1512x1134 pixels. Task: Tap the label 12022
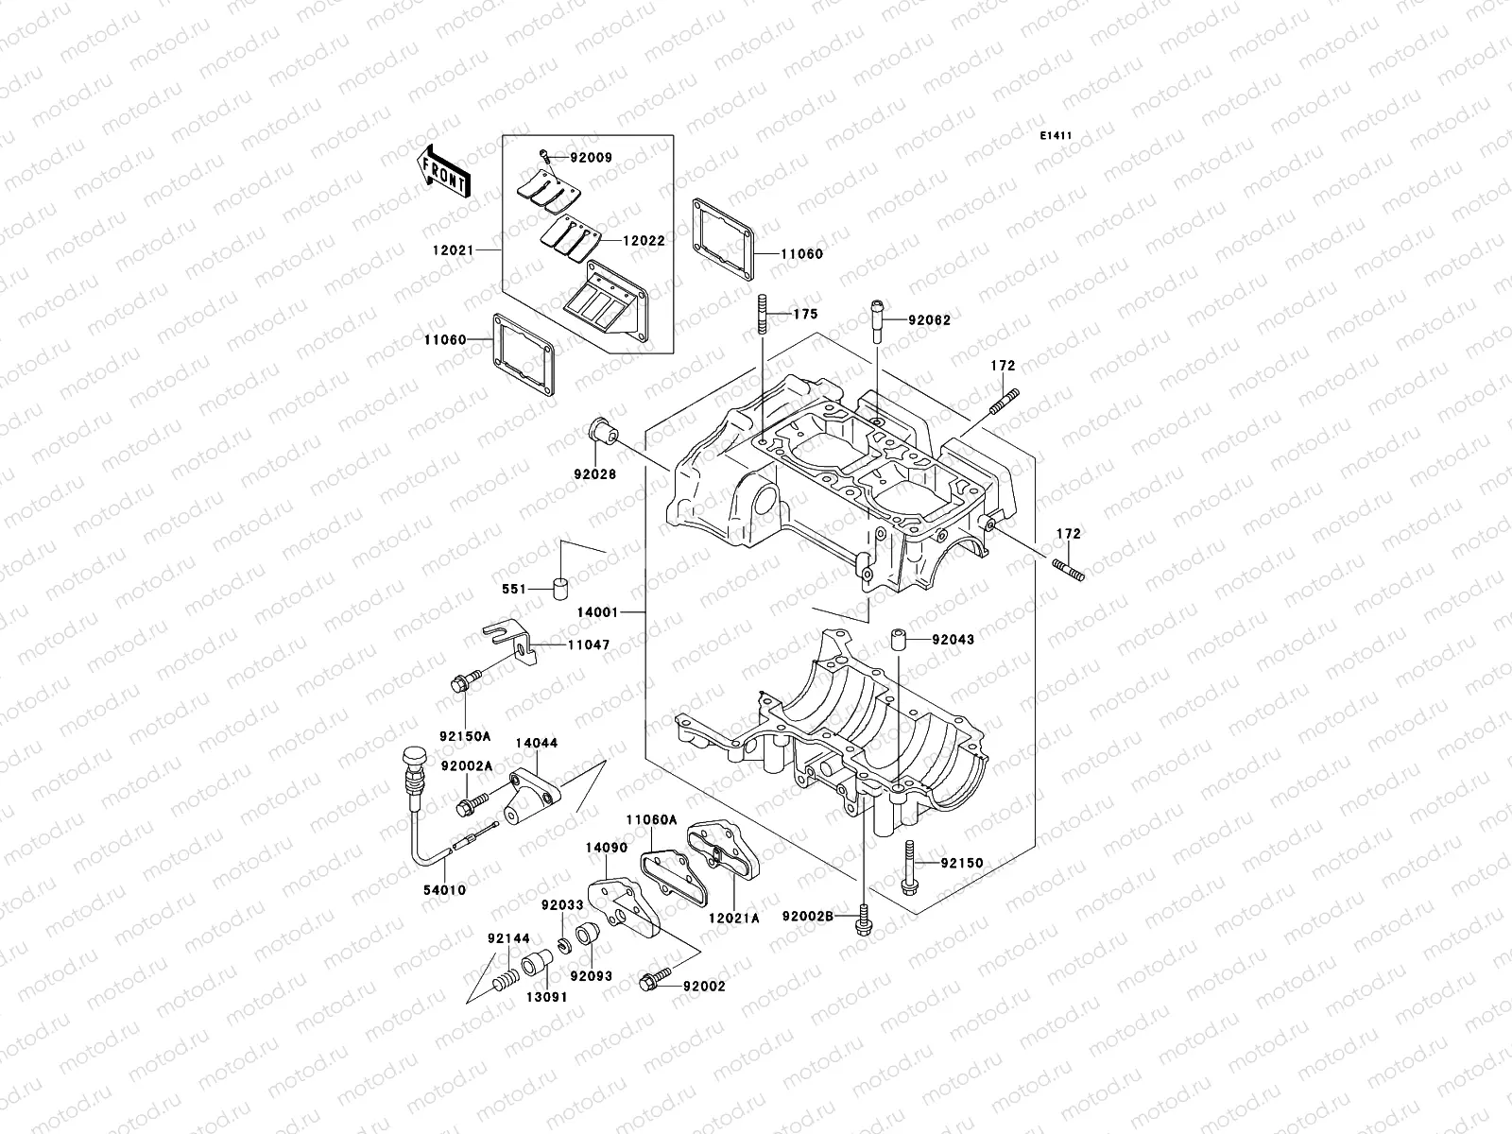click(x=643, y=241)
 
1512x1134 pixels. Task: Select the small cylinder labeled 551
click(x=561, y=590)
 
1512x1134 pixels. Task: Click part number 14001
click(x=598, y=612)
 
